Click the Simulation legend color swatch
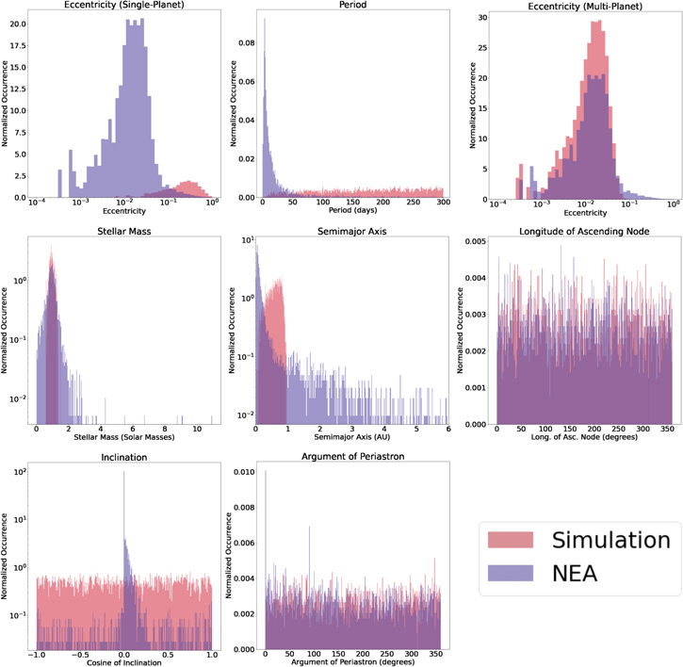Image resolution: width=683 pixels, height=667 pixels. pyautogui.click(x=516, y=540)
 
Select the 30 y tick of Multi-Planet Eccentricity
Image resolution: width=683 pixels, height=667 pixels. pyautogui.click(x=483, y=18)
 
